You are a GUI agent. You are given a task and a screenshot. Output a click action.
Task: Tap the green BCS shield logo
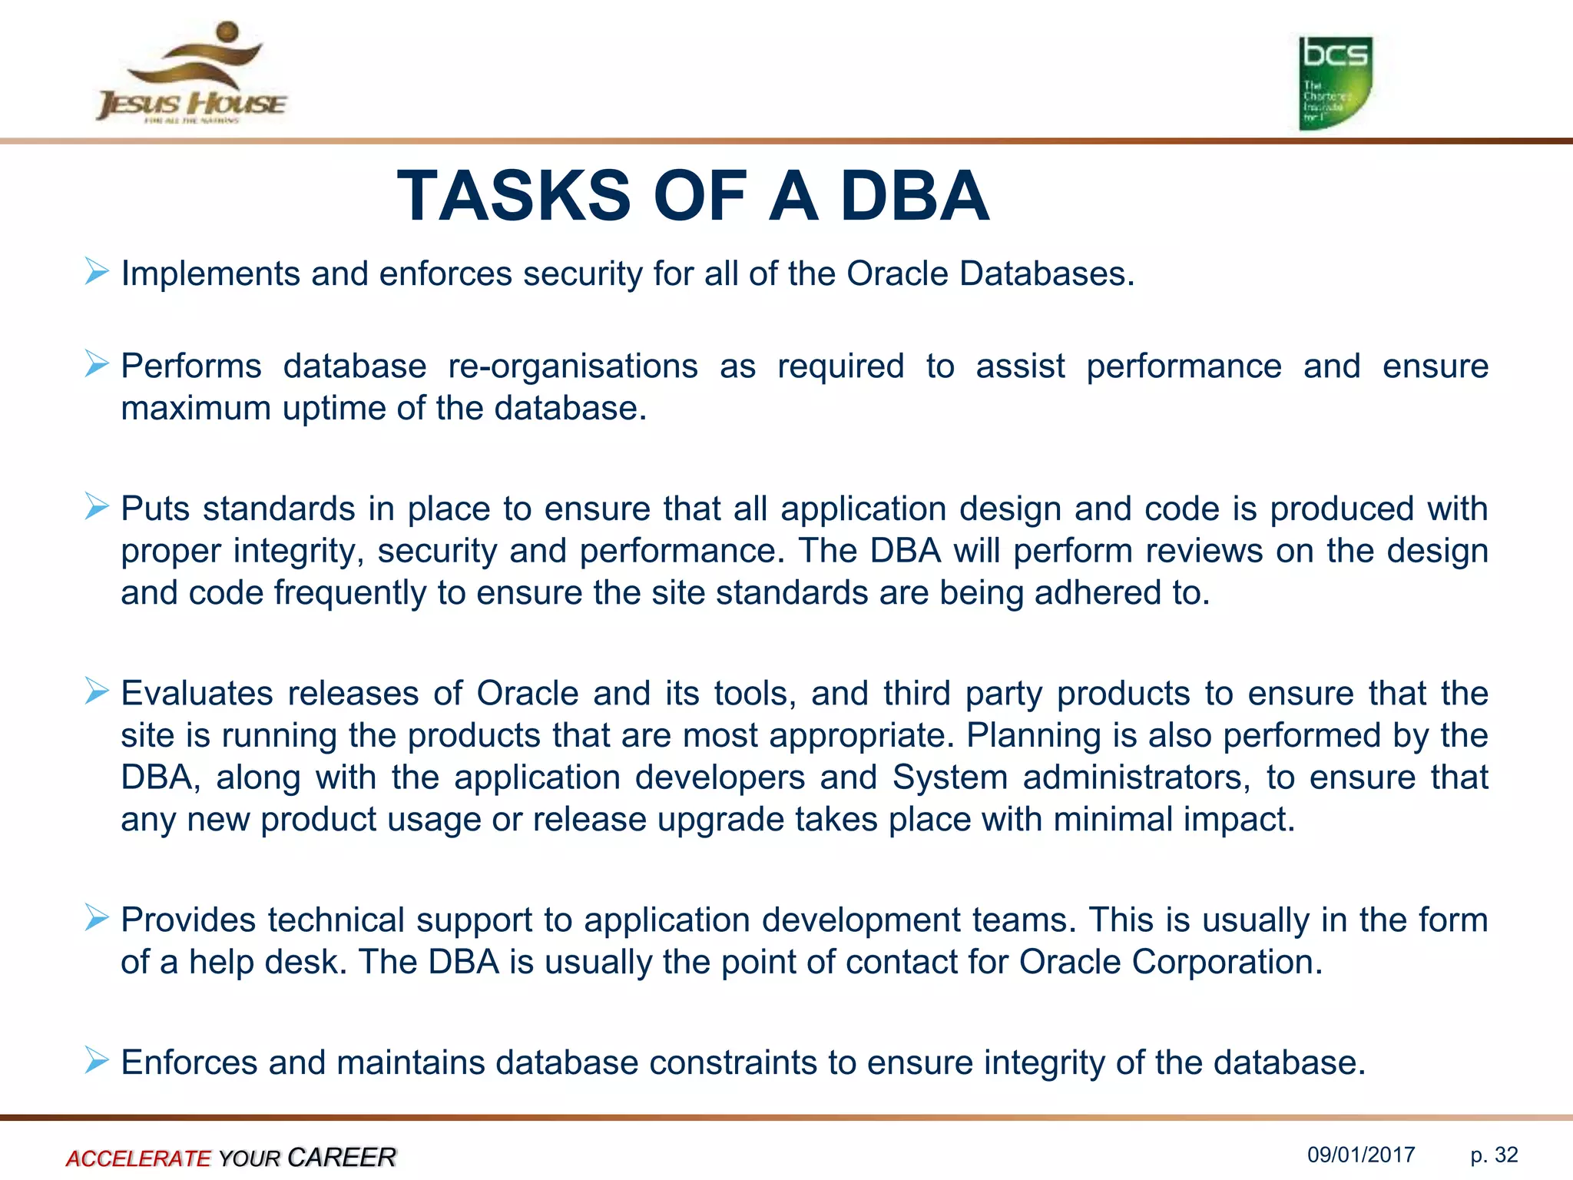tap(1335, 83)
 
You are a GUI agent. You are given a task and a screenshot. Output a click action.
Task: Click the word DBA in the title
tap(914, 197)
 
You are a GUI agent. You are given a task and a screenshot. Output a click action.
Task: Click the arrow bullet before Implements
tap(97, 272)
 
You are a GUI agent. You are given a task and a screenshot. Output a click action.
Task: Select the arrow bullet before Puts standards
tap(97, 506)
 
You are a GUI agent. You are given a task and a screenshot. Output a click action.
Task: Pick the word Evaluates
tap(197, 694)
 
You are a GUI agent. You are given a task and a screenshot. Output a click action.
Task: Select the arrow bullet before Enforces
tap(97, 1060)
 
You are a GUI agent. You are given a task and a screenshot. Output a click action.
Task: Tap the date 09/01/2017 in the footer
tap(1361, 1155)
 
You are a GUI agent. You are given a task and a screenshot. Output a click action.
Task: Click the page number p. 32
tap(1494, 1155)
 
